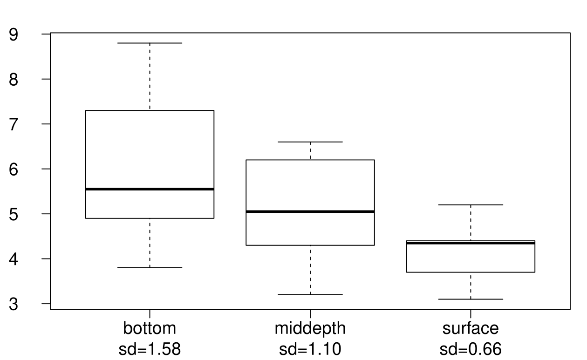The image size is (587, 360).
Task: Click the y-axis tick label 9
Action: click(x=14, y=34)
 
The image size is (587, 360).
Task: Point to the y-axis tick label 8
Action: click(x=14, y=80)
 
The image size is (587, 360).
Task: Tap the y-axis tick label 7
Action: click(x=14, y=124)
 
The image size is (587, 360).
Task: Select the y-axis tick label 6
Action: click(x=14, y=170)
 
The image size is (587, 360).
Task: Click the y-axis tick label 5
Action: click(x=14, y=214)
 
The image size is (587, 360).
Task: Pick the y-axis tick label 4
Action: click(x=14, y=259)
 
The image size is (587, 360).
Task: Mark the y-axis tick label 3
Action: click(x=14, y=304)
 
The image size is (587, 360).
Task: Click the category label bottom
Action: click(x=150, y=328)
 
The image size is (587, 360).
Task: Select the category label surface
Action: click(x=471, y=328)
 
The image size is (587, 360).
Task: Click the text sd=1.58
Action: click(x=150, y=349)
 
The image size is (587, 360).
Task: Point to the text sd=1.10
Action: click(x=310, y=349)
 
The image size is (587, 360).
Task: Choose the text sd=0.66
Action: click(x=471, y=349)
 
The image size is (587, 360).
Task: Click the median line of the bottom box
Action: click(x=150, y=189)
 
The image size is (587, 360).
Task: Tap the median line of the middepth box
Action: click(x=310, y=211)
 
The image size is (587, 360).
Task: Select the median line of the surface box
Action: click(x=471, y=243)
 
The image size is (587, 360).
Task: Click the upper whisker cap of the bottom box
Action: click(x=150, y=43)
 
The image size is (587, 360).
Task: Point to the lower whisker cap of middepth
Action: click(x=310, y=295)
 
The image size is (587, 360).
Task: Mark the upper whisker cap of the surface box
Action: click(x=471, y=205)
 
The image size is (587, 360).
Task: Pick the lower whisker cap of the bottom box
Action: click(x=150, y=268)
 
